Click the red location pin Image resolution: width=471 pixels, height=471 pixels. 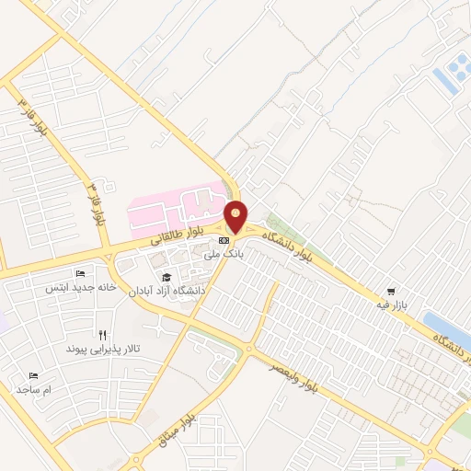pyautogui.click(x=236, y=216)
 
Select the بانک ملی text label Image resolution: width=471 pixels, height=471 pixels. pyautogui.click(x=225, y=253)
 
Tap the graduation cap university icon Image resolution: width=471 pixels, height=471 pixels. pyautogui.click(x=167, y=277)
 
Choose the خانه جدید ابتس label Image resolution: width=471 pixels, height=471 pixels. pyautogui.click(x=81, y=287)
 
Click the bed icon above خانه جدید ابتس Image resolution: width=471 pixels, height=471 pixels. pyautogui.click(x=80, y=273)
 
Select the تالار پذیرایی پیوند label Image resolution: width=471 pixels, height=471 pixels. pyautogui.click(x=101, y=350)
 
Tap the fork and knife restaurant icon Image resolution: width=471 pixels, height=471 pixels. pyautogui.click(x=102, y=336)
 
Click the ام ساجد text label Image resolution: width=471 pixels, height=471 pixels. pyautogui.click(x=34, y=389)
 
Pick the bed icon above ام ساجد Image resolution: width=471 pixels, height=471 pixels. pyautogui.click(x=34, y=375)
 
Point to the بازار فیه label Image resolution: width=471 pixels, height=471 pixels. pyautogui.click(x=391, y=304)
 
